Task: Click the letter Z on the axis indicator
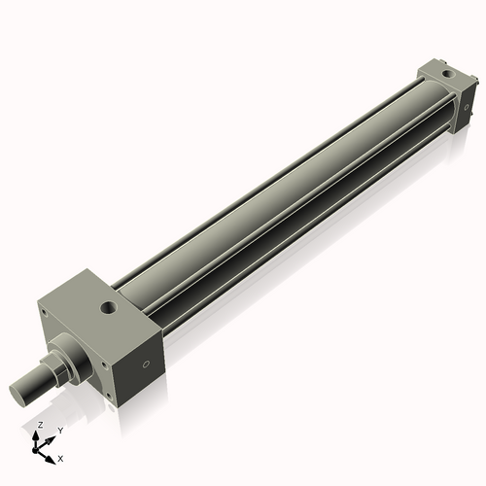click(39, 426)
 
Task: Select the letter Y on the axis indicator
click(60, 430)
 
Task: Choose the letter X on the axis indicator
click(60, 457)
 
